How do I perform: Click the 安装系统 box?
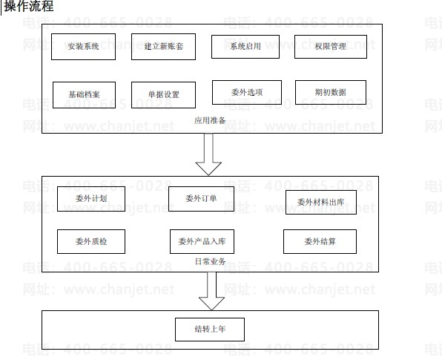click(84, 47)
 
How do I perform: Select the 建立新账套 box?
click(163, 47)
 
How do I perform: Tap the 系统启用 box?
click(245, 47)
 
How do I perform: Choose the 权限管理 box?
click(331, 47)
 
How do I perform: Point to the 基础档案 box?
click(85, 95)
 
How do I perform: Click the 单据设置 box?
click(163, 95)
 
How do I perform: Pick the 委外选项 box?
click(247, 93)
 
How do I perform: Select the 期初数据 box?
click(331, 93)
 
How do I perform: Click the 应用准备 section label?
click(210, 121)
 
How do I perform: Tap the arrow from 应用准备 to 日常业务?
click(208, 154)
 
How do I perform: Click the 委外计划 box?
click(91, 199)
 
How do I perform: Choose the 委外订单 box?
click(201, 199)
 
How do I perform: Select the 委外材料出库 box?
click(321, 203)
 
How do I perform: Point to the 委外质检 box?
click(91, 242)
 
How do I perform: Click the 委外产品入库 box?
click(202, 242)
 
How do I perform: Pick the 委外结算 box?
click(320, 242)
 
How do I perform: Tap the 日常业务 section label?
click(211, 261)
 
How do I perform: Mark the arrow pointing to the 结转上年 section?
click(211, 291)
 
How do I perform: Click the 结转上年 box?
click(210, 330)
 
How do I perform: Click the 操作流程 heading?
click(29, 6)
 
